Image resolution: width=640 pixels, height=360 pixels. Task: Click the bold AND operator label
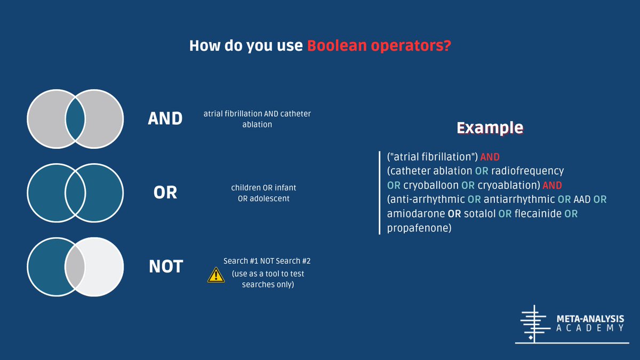[165, 118]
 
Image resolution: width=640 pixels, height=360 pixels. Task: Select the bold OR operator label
[165, 192]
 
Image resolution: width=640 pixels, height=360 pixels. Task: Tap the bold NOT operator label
[165, 266]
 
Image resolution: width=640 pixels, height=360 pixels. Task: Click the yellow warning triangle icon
[215, 275]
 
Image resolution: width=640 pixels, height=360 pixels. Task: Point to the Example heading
[490, 128]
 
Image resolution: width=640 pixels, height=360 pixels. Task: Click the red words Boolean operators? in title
[379, 46]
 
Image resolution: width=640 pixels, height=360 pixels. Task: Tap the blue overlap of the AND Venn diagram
[75, 118]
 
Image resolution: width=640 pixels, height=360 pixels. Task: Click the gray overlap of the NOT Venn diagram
[75, 266]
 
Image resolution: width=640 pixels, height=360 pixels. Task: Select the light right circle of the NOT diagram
[101, 266]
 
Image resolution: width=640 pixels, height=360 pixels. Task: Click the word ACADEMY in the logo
[589, 328]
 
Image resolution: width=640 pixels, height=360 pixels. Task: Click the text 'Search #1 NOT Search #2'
[267, 262]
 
